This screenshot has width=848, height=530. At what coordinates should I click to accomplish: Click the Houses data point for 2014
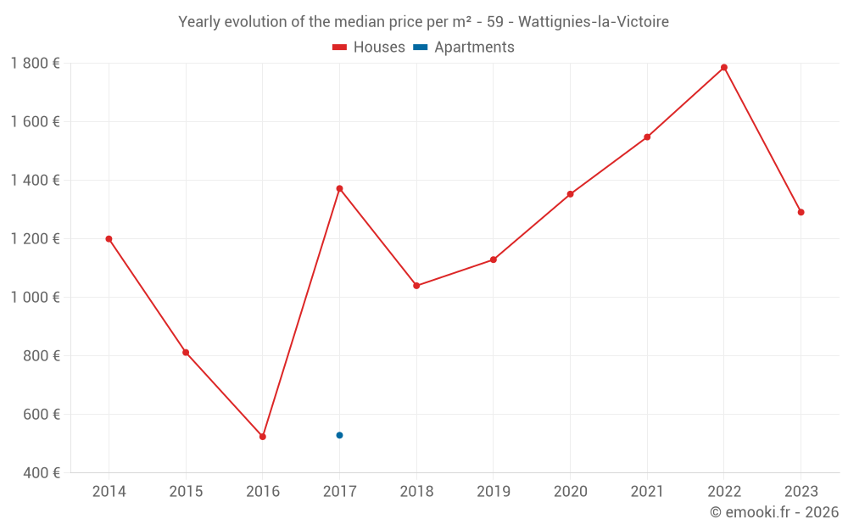tap(109, 239)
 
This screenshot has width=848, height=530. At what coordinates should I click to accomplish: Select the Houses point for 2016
tap(263, 437)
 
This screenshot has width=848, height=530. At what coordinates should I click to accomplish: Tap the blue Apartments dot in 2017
tap(339, 435)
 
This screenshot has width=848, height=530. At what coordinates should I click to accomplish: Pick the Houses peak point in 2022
tap(724, 68)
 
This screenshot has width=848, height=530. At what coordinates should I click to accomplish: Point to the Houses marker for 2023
tap(801, 212)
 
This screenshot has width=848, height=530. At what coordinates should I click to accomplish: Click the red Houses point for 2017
tap(339, 188)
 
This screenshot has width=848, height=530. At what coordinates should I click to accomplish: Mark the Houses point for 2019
tap(494, 259)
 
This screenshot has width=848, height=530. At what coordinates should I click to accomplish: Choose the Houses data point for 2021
tap(647, 137)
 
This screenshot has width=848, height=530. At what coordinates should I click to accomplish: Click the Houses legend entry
tap(369, 47)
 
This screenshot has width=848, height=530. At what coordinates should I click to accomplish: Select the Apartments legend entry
tap(464, 47)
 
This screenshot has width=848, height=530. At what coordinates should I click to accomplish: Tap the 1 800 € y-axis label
tap(35, 63)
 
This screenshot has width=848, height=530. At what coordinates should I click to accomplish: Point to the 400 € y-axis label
tap(41, 473)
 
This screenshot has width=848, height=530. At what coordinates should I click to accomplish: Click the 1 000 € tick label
tap(35, 298)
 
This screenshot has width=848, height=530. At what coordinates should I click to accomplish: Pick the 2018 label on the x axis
tap(416, 492)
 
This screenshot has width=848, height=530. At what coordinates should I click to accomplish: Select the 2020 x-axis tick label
tap(570, 492)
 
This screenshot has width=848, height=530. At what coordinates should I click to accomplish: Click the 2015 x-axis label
tap(186, 492)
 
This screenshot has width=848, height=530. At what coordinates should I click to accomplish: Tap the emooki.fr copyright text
tap(774, 512)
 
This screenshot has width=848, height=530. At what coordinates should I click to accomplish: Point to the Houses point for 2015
tap(186, 353)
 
